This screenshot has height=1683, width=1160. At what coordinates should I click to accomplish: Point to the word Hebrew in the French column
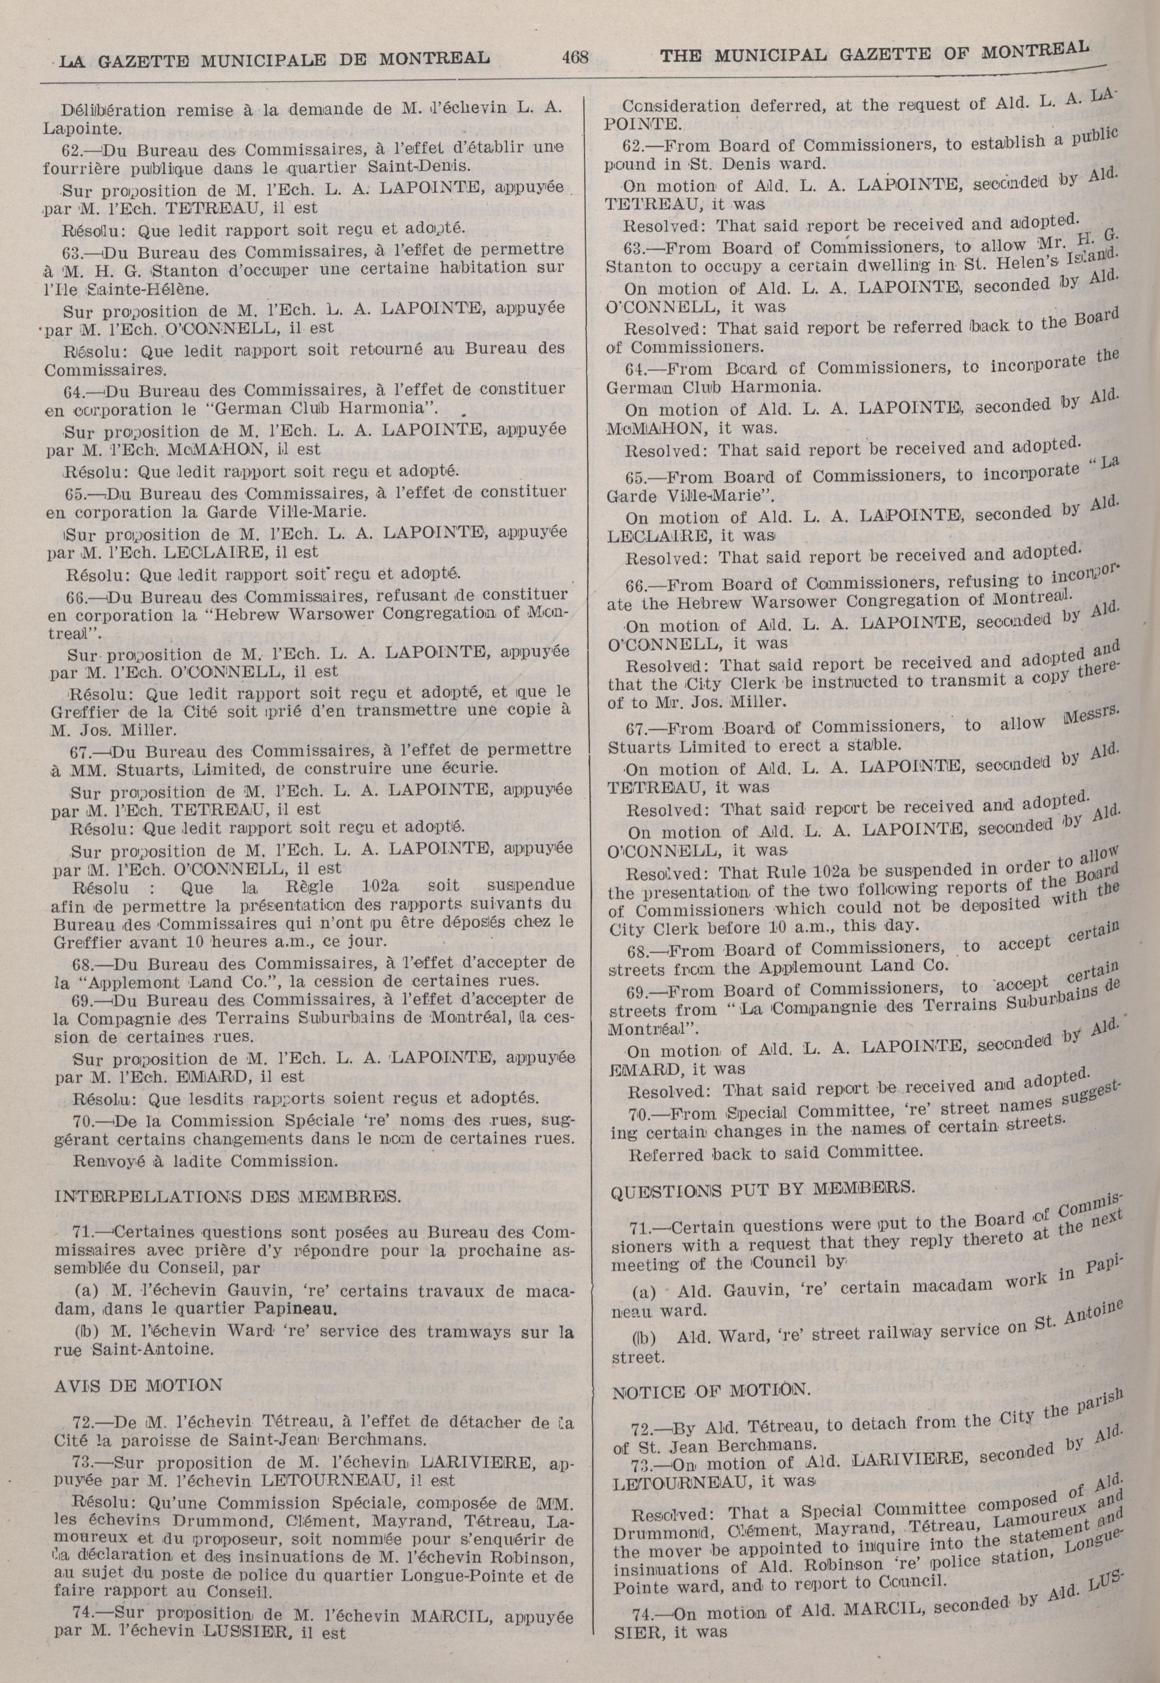point(245,613)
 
